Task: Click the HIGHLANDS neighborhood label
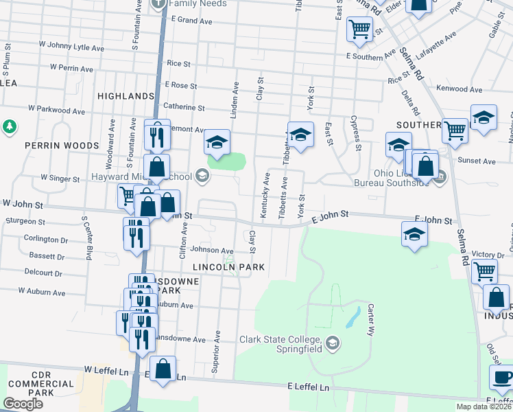point(126,95)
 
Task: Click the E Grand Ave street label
point(187,21)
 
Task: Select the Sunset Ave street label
point(480,161)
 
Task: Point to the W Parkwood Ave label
point(56,110)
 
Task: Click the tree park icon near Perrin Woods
point(9,127)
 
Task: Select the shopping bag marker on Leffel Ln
point(163,368)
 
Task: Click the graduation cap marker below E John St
point(414,234)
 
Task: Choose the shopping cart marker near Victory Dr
point(484,271)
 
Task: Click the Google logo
point(23,404)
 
